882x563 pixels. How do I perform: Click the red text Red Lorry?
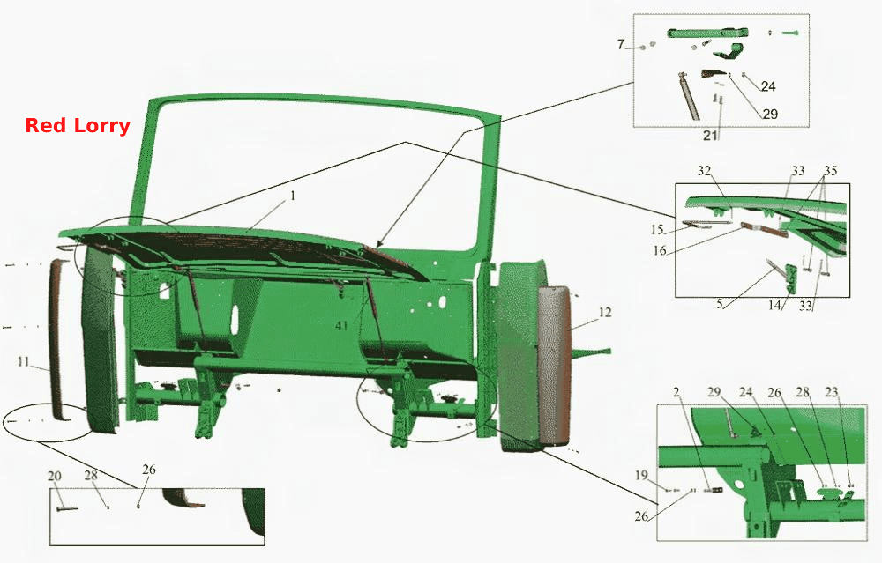tap(78, 125)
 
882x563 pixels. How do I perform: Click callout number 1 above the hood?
tap(293, 196)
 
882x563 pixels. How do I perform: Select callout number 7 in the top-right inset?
tap(621, 44)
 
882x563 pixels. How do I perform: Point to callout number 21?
tap(710, 135)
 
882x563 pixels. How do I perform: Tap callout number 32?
tap(704, 170)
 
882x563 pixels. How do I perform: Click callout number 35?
tap(831, 170)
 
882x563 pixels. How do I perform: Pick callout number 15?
tap(657, 229)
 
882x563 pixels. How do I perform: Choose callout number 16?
tap(660, 250)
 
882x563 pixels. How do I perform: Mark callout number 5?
tap(720, 304)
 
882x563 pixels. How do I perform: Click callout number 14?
tap(775, 305)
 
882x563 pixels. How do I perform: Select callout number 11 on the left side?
tap(23, 361)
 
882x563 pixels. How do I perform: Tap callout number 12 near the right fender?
tap(605, 312)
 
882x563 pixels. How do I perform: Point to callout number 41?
tap(341, 325)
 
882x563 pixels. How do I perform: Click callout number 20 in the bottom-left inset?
tap(55, 476)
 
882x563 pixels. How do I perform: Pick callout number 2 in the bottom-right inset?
tap(676, 391)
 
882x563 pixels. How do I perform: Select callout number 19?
tap(642, 476)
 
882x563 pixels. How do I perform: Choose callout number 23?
tap(832, 391)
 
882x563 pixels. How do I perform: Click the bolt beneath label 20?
tap(67, 508)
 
